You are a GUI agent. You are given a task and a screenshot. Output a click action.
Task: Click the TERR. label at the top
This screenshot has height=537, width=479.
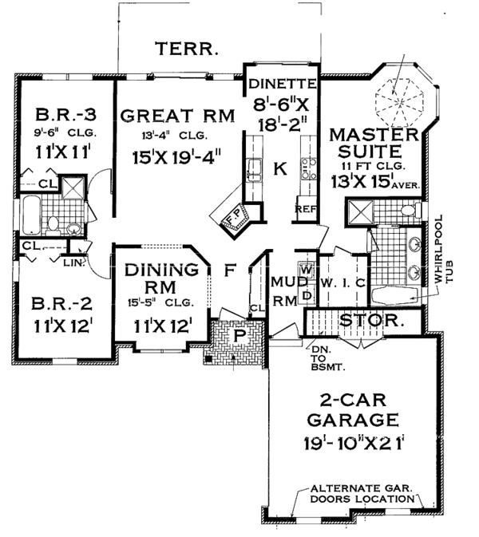[x=188, y=49]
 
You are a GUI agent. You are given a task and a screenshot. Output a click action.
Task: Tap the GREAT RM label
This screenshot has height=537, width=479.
[x=178, y=116]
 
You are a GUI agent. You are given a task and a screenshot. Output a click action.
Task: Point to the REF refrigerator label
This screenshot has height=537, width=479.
[x=306, y=209]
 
